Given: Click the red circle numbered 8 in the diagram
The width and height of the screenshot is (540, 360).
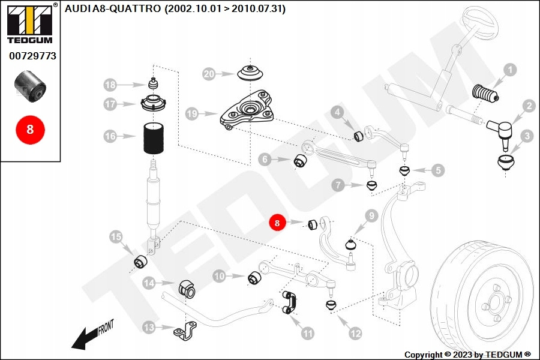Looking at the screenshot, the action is [x=277, y=223].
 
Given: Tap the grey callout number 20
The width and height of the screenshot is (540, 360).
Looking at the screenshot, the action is [x=209, y=74].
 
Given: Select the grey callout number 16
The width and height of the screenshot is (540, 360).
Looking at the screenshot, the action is [x=110, y=136].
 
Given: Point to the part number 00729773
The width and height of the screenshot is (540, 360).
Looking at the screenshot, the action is [x=33, y=56].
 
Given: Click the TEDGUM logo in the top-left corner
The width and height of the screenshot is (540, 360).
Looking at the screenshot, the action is [x=30, y=23].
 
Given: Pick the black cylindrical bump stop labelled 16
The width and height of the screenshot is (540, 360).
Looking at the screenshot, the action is [x=154, y=138].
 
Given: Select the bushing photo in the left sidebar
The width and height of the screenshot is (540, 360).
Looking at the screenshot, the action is [x=31, y=86].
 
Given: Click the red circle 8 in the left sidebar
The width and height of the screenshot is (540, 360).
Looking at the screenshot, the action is [x=30, y=130].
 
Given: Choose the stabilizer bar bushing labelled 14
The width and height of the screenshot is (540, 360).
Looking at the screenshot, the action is [x=187, y=289].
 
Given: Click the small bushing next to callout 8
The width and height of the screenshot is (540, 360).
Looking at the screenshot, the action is [x=313, y=224].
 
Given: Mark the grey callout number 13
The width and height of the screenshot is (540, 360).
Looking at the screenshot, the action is [x=149, y=327].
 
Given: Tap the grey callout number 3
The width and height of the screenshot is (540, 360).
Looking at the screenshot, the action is [x=527, y=136].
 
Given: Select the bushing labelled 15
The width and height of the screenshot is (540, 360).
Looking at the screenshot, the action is [x=140, y=262].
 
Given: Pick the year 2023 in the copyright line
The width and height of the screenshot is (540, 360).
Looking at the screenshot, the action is [x=463, y=355].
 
